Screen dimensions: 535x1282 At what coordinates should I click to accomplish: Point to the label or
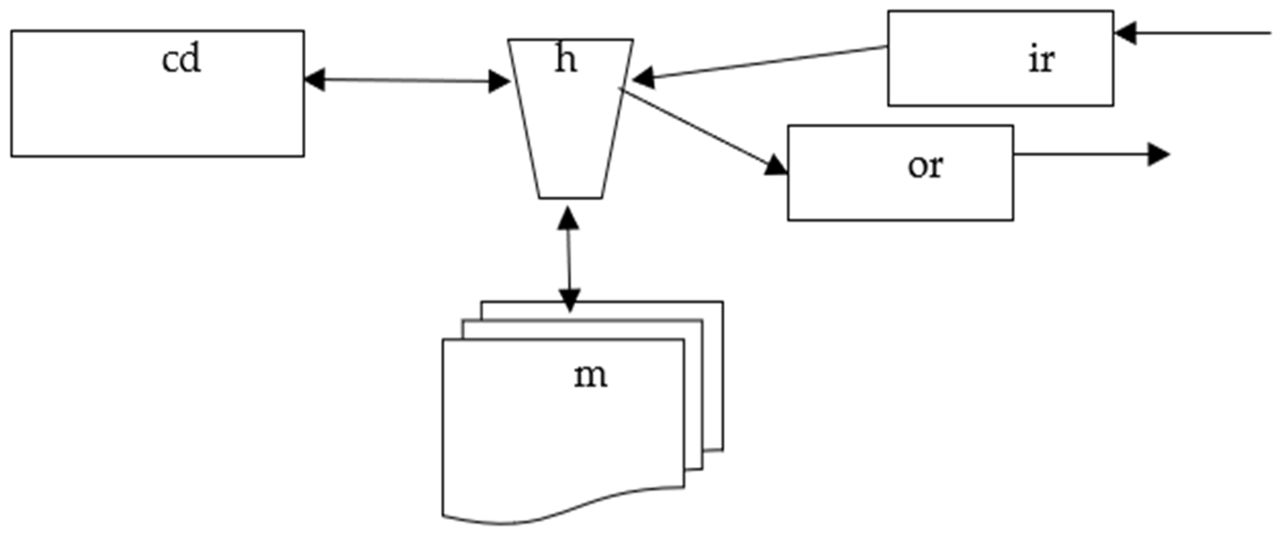click(x=924, y=166)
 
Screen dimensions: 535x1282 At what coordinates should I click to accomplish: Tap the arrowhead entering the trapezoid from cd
click(x=499, y=82)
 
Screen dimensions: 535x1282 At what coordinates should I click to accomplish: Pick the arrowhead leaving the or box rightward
click(x=1158, y=154)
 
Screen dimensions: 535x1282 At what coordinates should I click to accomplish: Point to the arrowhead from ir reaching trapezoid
click(x=643, y=79)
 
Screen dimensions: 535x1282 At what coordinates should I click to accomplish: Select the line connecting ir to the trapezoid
click(x=766, y=62)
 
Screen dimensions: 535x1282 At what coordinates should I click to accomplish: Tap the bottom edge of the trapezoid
click(x=570, y=198)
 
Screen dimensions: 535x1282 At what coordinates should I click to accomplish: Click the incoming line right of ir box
click(x=1204, y=33)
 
